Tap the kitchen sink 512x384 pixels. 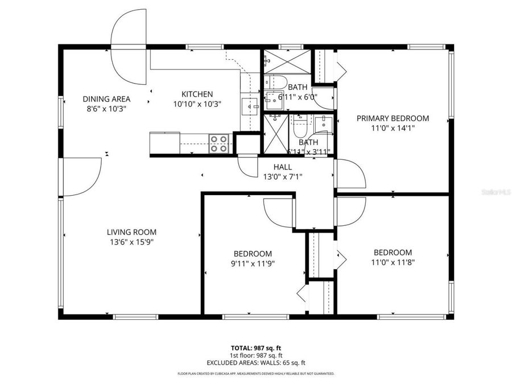(250, 105)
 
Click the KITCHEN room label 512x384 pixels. (197, 94)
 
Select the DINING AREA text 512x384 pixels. (106, 98)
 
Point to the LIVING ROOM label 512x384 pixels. (131, 232)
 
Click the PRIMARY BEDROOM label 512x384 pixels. (393, 118)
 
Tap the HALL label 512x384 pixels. (283, 167)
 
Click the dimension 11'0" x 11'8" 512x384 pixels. (393, 262)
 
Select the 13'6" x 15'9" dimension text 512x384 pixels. (131, 242)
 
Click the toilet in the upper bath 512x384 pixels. (277, 81)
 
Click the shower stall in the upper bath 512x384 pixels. (287, 60)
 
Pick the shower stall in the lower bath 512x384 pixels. (276, 134)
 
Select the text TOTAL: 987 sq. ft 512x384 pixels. (255, 347)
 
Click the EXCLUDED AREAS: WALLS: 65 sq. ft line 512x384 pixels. (255, 362)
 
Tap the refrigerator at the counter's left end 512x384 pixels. (165, 143)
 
